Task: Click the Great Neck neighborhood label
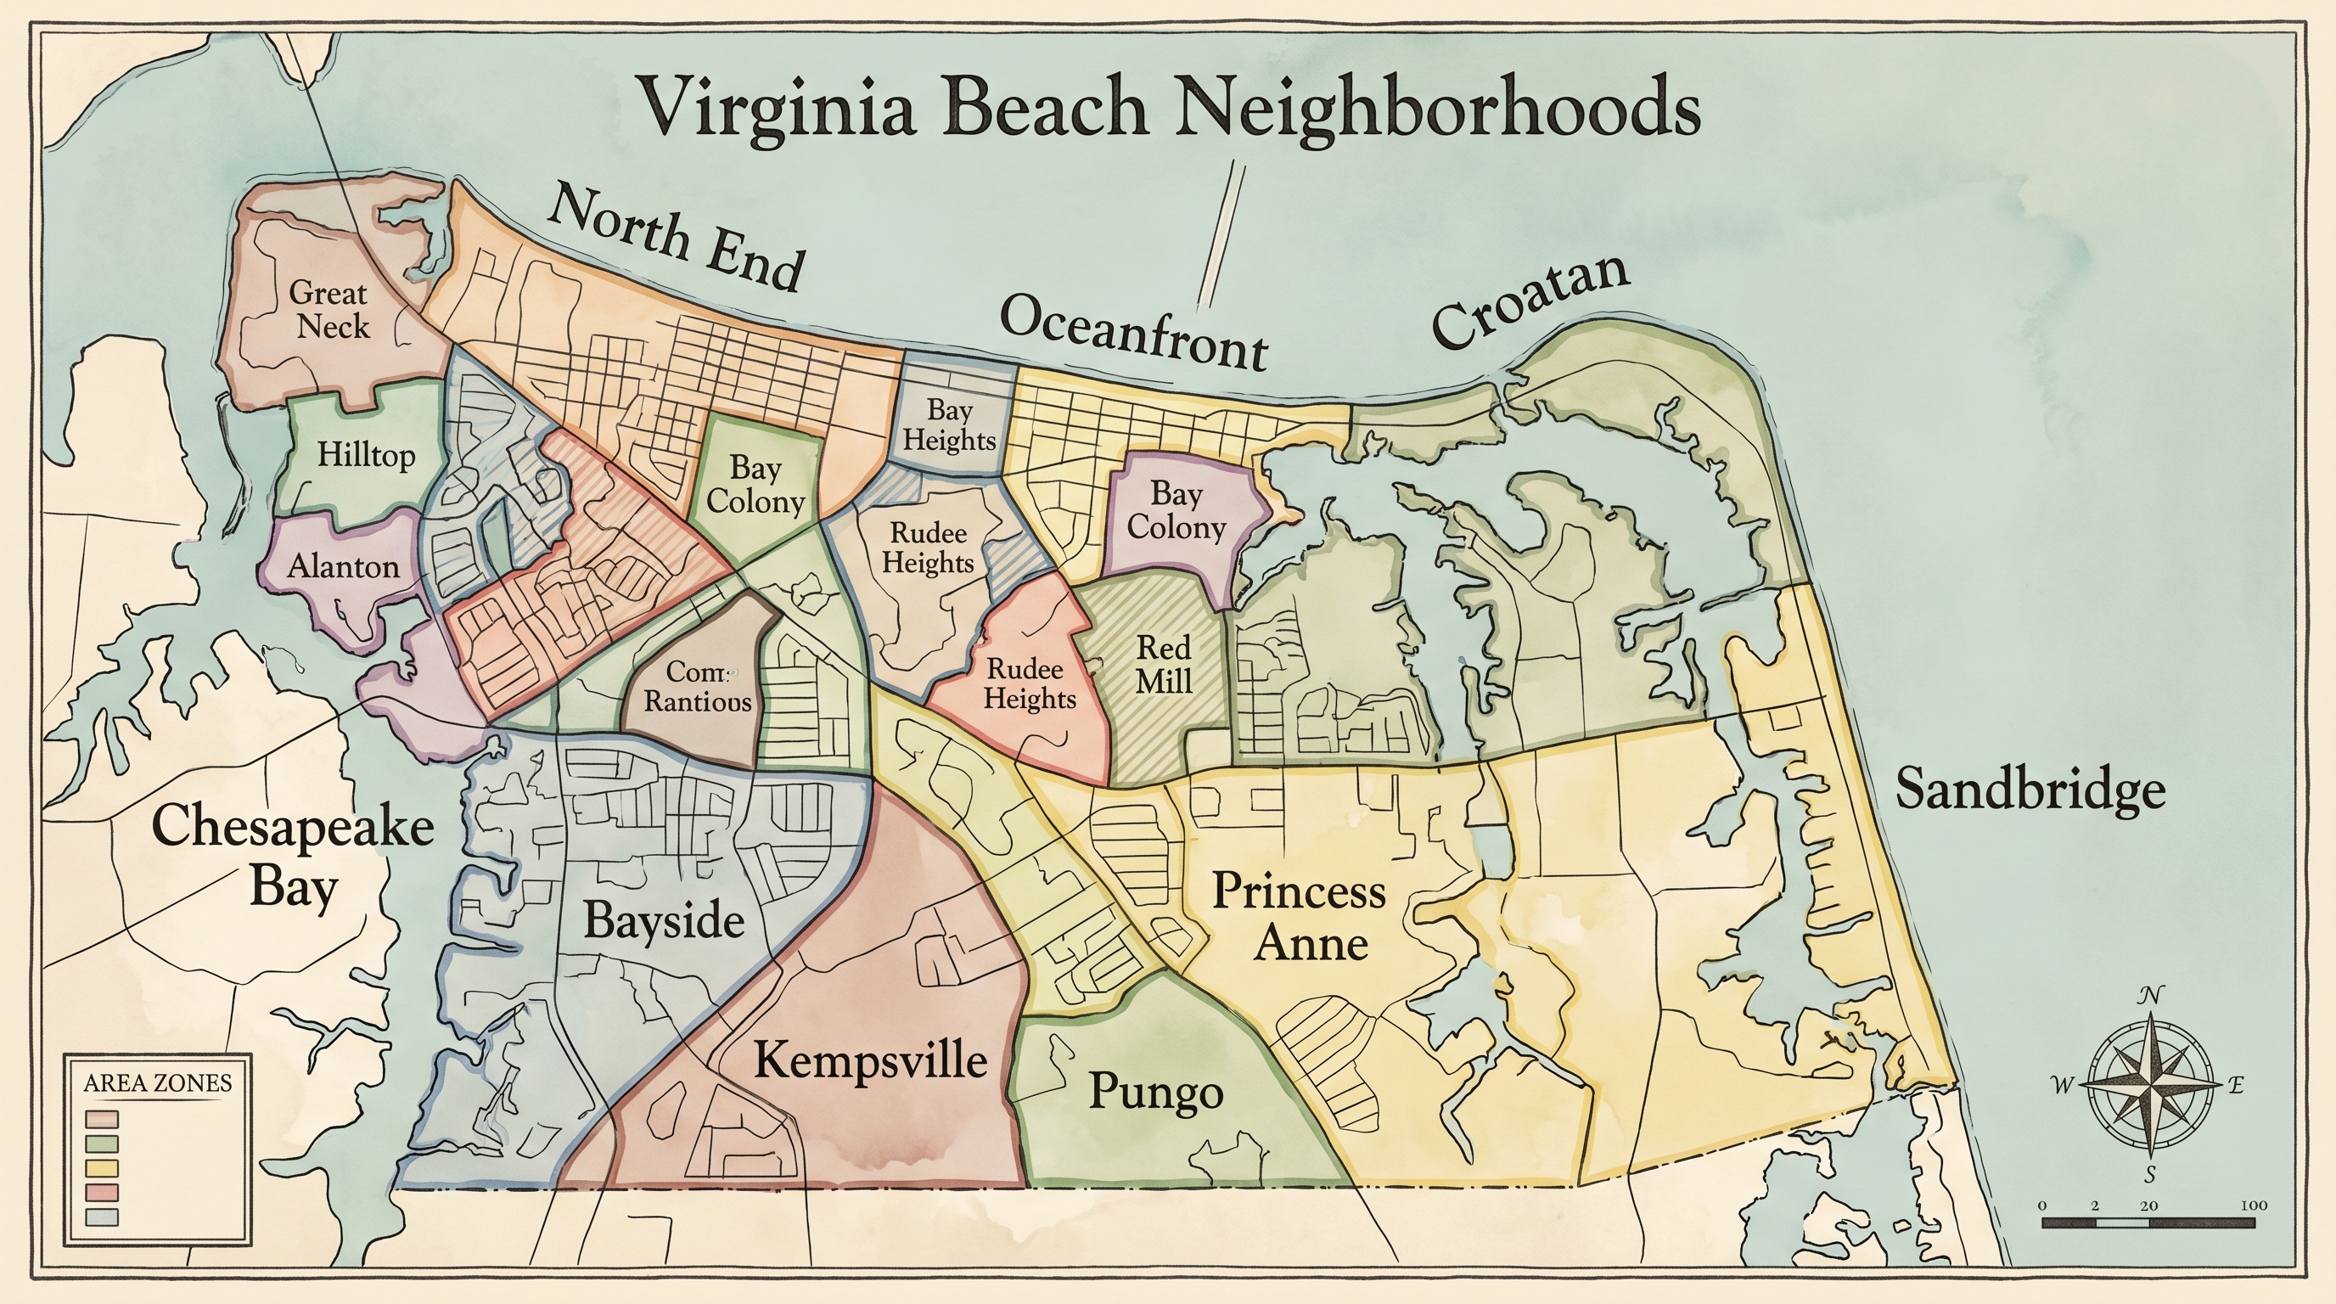click(x=330, y=309)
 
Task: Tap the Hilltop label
click(x=366, y=455)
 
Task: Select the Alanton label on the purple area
click(x=343, y=567)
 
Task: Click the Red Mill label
click(x=1164, y=665)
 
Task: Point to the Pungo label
click(x=1155, y=1091)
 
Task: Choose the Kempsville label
click(x=870, y=1059)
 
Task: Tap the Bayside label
click(x=664, y=920)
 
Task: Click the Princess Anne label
click(x=1300, y=917)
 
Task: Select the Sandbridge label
click(x=2030, y=789)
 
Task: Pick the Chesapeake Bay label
click(x=292, y=856)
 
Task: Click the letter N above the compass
click(x=2148, y=997)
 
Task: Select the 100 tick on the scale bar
click(x=2253, y=1206)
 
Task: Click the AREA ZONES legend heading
click(x=157, y=1082)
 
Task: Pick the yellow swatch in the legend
click(x=102, y=1167)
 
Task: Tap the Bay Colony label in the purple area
click(x=1176, y=510)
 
